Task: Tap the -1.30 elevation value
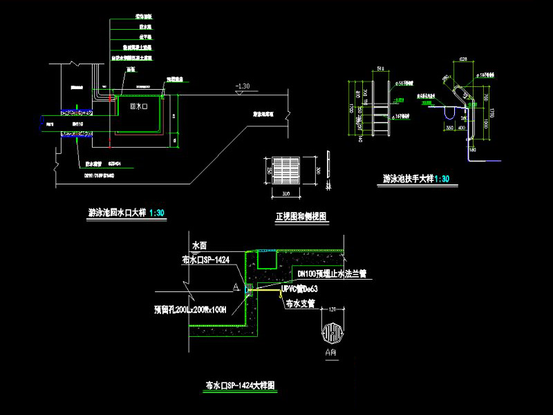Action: coord(243,86)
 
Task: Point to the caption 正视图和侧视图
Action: coord(301,217)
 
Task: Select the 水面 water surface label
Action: coord(199,245)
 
